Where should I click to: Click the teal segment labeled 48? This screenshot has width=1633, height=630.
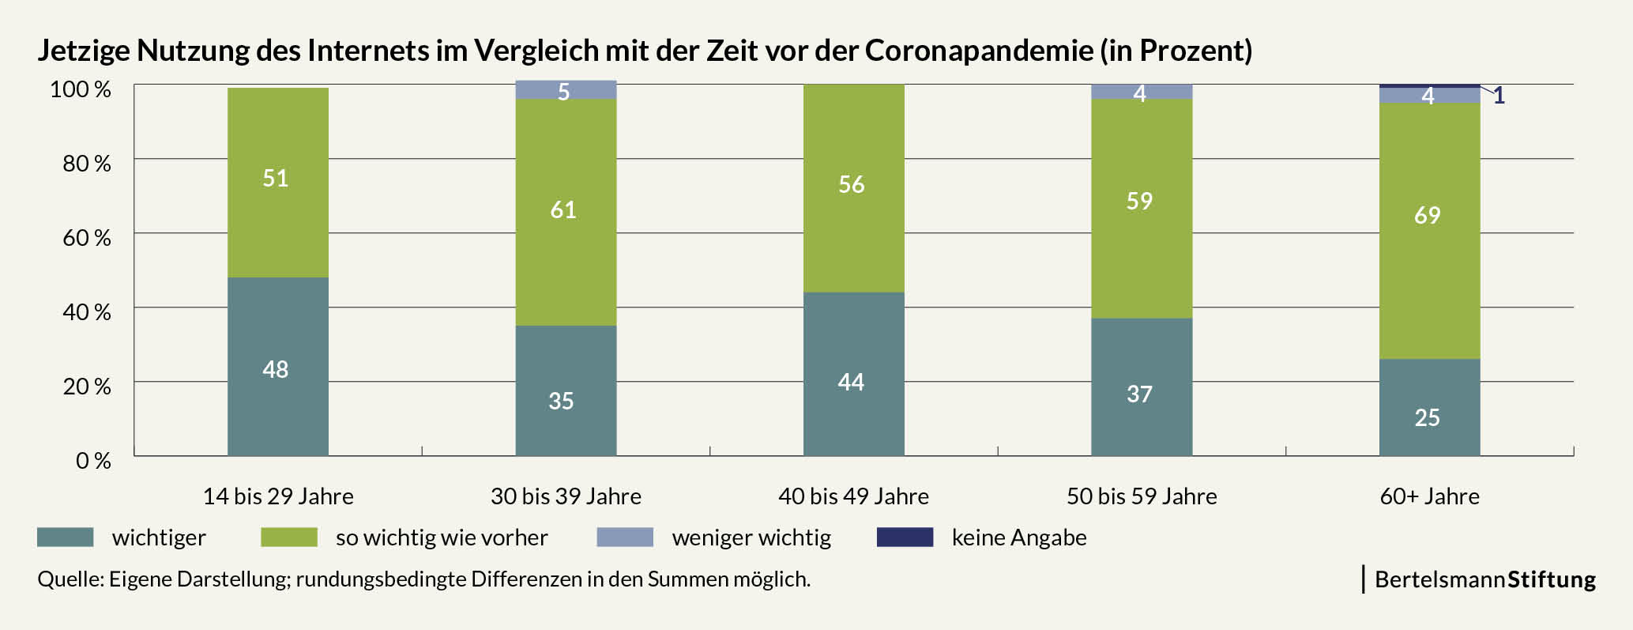pos(278,366)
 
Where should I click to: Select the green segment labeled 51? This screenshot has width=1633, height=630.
pos(278,183)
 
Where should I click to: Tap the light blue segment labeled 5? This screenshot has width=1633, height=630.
pos(566,90)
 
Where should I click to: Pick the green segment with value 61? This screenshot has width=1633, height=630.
pos(566,213)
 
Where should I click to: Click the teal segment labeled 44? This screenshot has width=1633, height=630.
pos(854,374)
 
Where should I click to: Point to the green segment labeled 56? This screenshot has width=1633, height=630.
pos(854,188)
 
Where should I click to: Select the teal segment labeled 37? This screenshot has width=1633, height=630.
pos(1142,387)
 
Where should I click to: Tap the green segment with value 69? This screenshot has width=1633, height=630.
pos(1430,231)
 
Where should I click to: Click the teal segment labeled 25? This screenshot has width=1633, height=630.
pos(1430,407)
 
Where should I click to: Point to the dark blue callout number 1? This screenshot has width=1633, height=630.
pos(1499,96)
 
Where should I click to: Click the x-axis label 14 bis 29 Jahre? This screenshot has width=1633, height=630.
pos(278,496)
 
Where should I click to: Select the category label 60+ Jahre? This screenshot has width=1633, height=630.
pos(1430,496)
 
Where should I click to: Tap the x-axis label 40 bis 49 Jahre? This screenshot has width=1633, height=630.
pos(854,496)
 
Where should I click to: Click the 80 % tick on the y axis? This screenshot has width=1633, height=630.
pos(87,164)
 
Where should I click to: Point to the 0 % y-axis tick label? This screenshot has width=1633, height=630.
pos(93,461)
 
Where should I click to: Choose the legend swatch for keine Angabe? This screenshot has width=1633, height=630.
pos(905,538)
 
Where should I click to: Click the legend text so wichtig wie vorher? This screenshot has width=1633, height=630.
pos(442,538)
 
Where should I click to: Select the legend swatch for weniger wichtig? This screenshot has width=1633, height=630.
pos(625,538)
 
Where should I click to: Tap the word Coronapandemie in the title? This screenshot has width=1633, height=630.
pos(979,51)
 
